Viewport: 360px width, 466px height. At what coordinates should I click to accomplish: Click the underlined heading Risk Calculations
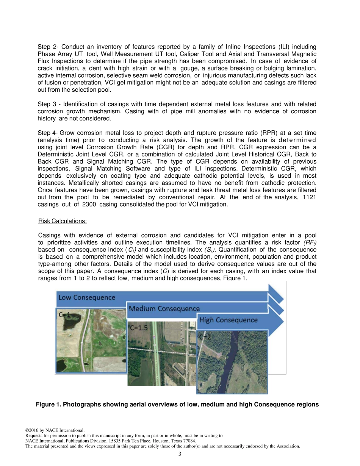point(63,221)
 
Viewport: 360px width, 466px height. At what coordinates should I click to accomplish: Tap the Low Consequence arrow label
point(87,297)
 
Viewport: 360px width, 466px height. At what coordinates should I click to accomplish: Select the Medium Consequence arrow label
point(164,308)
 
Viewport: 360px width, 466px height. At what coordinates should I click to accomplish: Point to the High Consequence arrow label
point(228,320)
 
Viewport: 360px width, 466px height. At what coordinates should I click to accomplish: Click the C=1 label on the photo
point(64,314)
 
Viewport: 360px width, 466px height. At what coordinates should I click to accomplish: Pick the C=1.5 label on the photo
point(139,328)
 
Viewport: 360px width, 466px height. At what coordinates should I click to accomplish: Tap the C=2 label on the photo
point(205,336)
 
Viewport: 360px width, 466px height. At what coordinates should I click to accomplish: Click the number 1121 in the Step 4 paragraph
point(310,197)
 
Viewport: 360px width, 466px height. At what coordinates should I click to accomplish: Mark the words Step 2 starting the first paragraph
point(47,47)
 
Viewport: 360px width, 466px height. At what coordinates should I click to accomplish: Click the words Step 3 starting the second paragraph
point(47,104)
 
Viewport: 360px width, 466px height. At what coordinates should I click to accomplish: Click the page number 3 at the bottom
point(180,454)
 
